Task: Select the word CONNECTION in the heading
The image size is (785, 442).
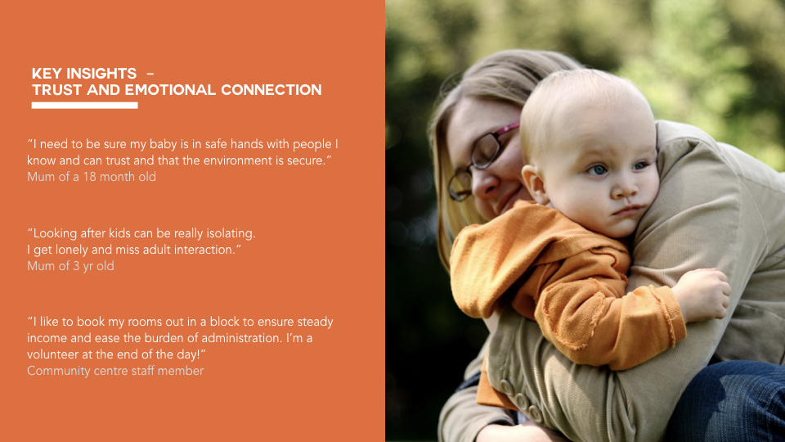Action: tap(271, 90)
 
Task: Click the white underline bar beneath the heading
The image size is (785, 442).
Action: tap(84, 106)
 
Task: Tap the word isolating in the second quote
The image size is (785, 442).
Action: tap(231, 233)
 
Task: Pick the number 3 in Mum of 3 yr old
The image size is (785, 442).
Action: tap(77, 266)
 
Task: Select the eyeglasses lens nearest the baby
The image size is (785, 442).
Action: tap(486, 151)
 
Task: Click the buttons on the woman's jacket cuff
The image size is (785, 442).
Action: tap(522, 400)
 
